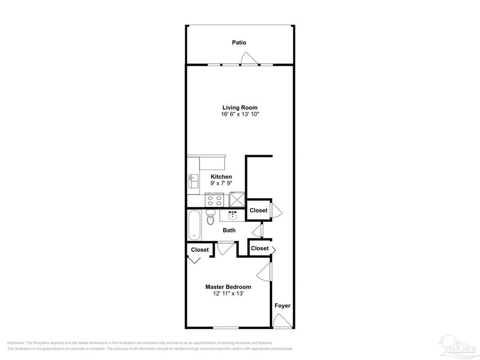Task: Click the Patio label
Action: (x=239, y=42)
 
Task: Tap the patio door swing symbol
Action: (x=249, y=59)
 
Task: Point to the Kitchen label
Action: (x=221, y=177)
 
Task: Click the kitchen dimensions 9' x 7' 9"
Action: (x=221, y=183)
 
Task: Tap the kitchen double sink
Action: (x=192, y=181)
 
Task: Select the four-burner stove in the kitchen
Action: (x=215, y=200)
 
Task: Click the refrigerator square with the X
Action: (x=237, y=199)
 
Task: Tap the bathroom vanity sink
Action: (x=233, y=215)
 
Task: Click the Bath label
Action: (x=229, y=230)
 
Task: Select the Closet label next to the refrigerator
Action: (x=258, y=211)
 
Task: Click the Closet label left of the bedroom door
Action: (x=200, y=250)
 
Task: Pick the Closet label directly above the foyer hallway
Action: (x=259, y=249)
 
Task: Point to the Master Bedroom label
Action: (x=228, y=287)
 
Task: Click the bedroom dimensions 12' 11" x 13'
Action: (x=228, y=294)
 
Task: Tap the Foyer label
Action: (x=282, y=306)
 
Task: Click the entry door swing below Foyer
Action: (x=279, y=321)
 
